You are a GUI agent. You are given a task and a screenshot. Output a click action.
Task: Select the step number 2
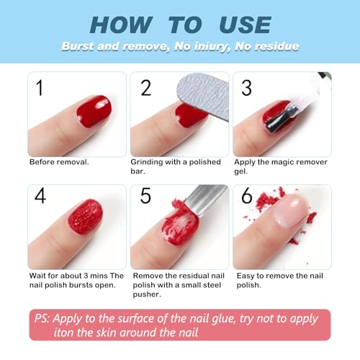pyautogui.click(x=146, y=88)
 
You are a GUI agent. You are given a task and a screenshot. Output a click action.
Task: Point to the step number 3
pyautogui.click(x=246, y=88)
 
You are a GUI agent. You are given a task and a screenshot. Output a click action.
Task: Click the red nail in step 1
pyautogui.click(x=93, y=110)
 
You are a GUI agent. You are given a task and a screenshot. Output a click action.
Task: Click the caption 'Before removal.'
pyautogui.click(x=59, y=162)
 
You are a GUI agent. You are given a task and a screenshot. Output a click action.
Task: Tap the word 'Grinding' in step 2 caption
pyautogui.click(x=148, y=162)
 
